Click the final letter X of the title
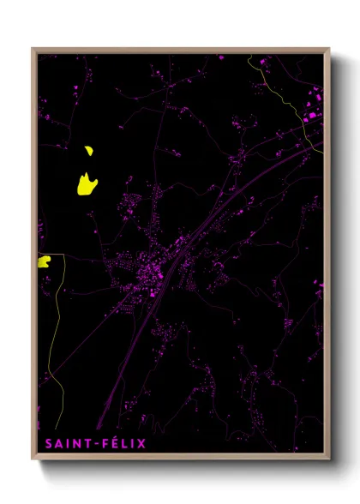[144, 444]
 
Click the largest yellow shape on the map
[87, 184]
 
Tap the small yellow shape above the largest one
[88, 152]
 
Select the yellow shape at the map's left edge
[44, 261]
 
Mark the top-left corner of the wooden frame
[33, 49]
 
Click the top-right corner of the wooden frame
[329, 49]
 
